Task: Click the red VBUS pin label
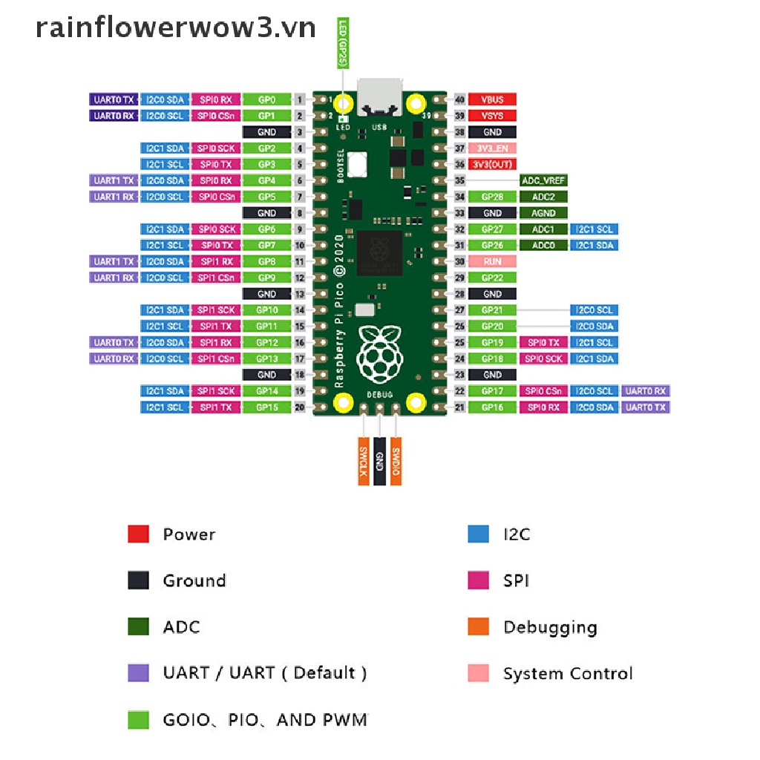pyautogui.click(x=492, y=99)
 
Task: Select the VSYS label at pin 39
pyautogui.click(x=492, y=116)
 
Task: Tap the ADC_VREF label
pyautogui.click(x=543, y=180)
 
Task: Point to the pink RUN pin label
pyautogui.click(x=492, y=261)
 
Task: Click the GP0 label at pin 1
pyautogui.click(x=266, y=99)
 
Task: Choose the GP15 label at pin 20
pyautogui.click(x=266, y=407)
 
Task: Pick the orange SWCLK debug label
pyautogui.click(x=364, y=460)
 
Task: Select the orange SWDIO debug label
pyautogui.click(x=396, y=460)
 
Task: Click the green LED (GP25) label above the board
pyautogui.click(x=343, y=45)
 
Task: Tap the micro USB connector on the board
pyautogui.click(x=380, y=98)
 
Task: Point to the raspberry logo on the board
pyautogui.click(x=380, y=353)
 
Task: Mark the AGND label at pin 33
pyautogui.click(x=543, y=213)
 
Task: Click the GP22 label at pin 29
pyautogui.click(x=492, y=278)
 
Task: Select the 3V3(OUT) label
pyautogui.click(x=492, y=164)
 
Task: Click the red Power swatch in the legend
pyautogui.click(x=139, y=534)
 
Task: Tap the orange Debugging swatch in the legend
pyautogui.click(x=479, y=626)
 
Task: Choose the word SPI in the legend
pyautogui.click(x=516, y=580)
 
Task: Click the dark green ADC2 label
pyautogui.click(x=543, y=197)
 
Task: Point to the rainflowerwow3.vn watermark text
pyautogui.click(x=176, y=27)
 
